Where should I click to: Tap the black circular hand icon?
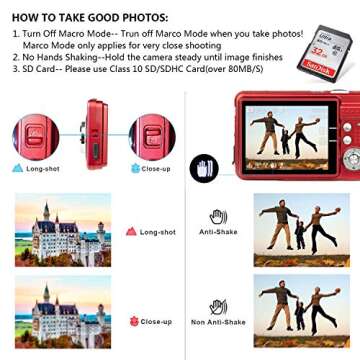tap(203, 168)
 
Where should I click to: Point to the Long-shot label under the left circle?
tap(40, 168)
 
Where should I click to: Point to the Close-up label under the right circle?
tap(155, 168)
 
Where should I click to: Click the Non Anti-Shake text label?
tap(218, 321)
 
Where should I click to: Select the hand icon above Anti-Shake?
tap(217, 215)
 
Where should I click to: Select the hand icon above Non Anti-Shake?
tap(217, 305)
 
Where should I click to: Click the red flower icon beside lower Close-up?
tap(133, 321)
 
